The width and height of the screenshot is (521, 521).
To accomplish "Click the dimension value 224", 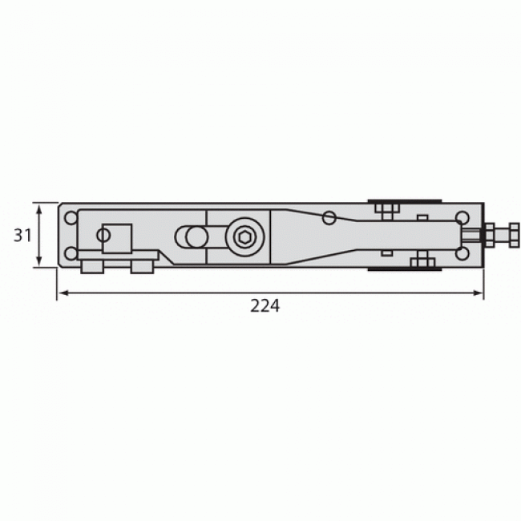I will point(265,306).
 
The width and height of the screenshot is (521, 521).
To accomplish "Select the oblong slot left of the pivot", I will point(189,236).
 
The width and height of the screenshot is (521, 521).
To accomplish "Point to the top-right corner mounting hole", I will point(462,217).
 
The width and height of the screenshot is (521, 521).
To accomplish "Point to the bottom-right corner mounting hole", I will point(462,254).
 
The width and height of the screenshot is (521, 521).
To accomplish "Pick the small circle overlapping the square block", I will point(103,236).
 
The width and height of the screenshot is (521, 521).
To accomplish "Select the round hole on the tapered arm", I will point(328,217).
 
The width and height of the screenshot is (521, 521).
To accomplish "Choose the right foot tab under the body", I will point(142,265).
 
